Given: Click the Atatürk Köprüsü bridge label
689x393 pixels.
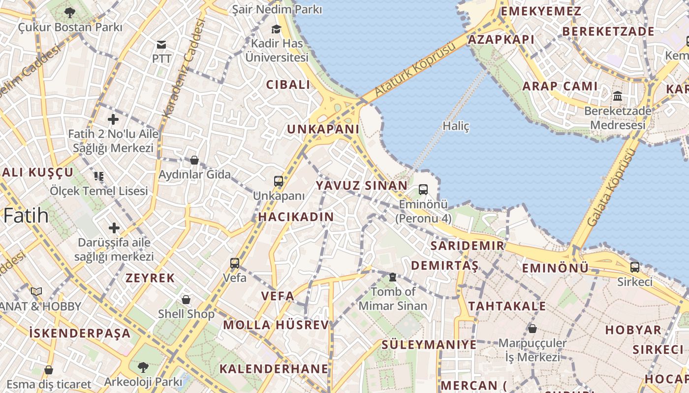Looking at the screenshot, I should coord(416,69).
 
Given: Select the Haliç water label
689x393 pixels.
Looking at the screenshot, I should coord(456,126).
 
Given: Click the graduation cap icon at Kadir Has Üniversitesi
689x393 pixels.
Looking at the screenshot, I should coord(276,29).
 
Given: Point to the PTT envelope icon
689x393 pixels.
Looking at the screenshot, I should coord(161,45).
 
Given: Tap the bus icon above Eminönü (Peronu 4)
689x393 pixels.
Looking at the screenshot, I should coord(423,189).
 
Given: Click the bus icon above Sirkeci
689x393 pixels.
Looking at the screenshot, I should coord(635,267).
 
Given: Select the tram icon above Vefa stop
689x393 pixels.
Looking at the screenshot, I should coord(235,263).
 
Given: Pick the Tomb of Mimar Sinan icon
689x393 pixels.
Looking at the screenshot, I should coord(392,278).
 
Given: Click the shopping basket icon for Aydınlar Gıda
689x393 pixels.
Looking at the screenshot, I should coord(194,160).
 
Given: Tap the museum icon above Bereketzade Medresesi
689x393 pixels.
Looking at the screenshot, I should coord(618,96).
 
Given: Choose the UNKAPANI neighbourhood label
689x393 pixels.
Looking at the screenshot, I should coord(323,129).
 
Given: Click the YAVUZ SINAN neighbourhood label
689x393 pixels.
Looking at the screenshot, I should coord(362,186).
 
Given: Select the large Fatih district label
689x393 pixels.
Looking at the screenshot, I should coord(26,216).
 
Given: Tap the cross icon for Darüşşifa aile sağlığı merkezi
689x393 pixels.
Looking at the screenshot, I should coord(114,228).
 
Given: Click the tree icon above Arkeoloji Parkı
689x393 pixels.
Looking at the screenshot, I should coord(143,367).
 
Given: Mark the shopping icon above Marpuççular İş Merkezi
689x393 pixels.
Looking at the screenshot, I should coord(532,328).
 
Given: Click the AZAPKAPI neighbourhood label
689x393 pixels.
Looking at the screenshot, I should coord(501,40).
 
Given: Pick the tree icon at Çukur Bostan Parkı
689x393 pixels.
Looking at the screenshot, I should coord(69,12).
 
